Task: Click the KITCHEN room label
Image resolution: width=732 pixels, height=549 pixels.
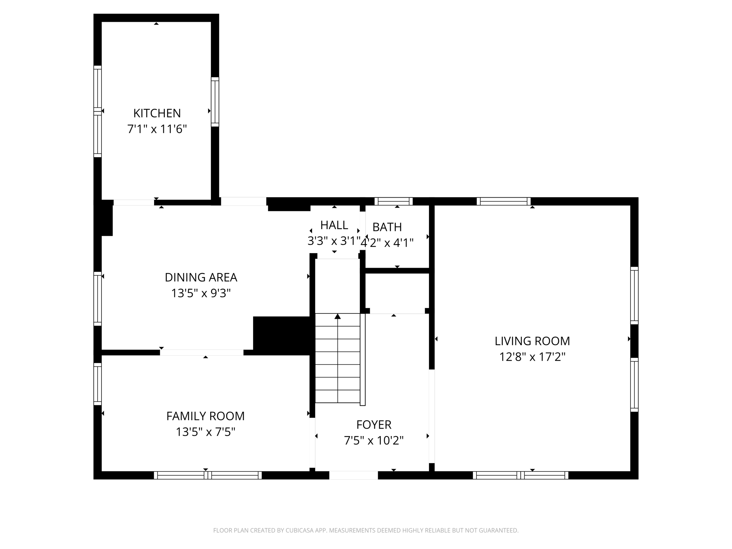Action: [157, 113]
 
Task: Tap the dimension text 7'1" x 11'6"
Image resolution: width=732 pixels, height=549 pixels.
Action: [157, 129]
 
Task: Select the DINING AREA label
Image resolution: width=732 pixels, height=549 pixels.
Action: [201, 277]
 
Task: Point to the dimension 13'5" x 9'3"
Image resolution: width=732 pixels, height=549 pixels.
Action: [201, 293]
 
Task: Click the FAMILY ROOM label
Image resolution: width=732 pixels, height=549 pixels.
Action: [206, 416]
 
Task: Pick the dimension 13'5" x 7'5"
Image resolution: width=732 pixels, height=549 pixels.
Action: [206, 432]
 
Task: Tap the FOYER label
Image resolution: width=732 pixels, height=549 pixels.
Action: [374, 425]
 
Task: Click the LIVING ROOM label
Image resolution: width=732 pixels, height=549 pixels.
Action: [532, 341]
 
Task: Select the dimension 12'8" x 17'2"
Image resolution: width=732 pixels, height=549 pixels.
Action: [532, 357]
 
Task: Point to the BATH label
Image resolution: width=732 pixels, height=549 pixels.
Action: [387, 227]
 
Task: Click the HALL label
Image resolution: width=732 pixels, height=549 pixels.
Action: [334, 225]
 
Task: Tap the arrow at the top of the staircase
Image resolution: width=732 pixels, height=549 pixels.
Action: [337, 316]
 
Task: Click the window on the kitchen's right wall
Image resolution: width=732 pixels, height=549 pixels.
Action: [215, 102]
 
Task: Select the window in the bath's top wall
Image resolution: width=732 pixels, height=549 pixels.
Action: [394, 201]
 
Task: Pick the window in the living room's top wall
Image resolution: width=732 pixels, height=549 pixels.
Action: [504, 201]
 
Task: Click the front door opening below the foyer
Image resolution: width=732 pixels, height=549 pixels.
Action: [353, 475]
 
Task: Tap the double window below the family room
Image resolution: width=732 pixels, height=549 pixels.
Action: [208, 475]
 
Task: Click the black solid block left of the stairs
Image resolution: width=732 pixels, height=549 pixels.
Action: [281, 335]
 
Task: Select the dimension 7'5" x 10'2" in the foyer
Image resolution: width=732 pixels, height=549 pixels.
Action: [374, 441]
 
